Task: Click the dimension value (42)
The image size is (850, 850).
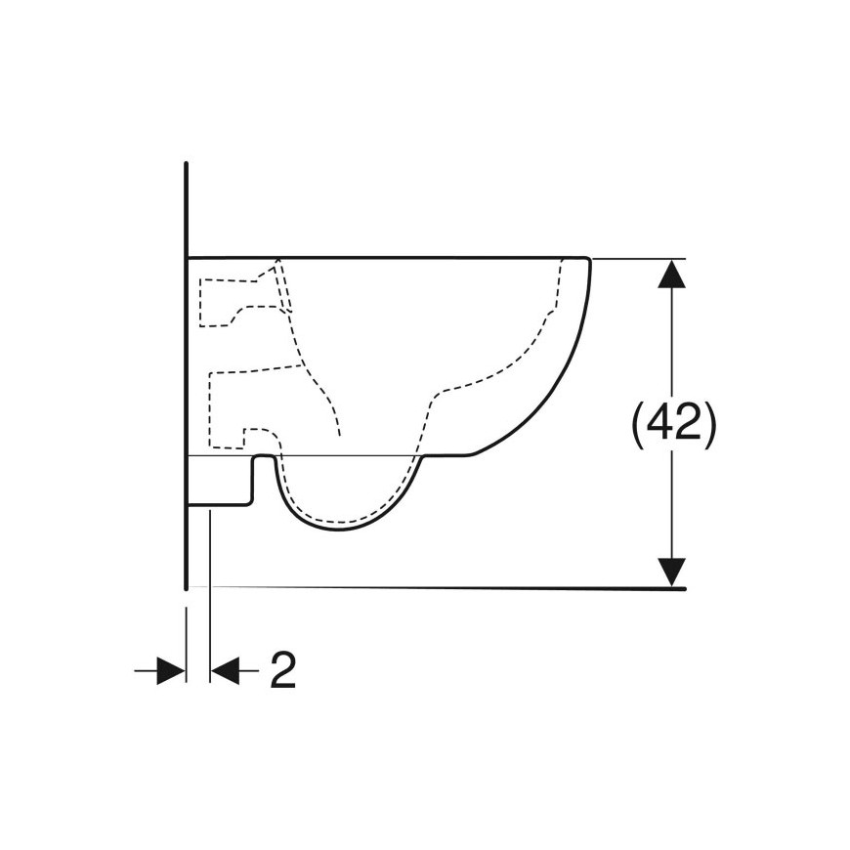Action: [674, 424]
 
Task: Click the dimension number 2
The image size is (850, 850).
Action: [283, 669]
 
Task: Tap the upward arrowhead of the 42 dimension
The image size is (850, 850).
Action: [671, 274]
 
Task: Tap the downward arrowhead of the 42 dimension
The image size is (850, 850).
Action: [671, 573]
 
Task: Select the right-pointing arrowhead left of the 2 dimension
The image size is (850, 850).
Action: [171, 670]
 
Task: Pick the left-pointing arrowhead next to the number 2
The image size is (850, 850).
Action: [225, 670]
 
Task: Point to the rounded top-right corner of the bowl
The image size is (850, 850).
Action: [587, 259]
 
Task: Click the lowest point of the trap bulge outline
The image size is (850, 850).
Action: [339, 530]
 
